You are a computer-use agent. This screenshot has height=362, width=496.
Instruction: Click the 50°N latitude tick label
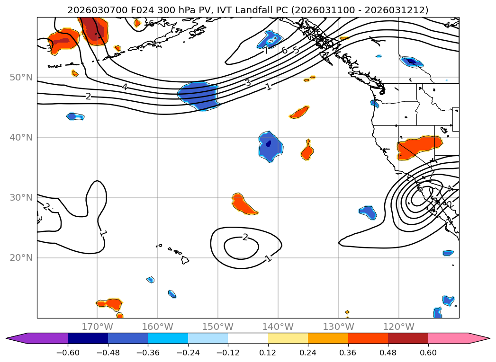click(21, 77)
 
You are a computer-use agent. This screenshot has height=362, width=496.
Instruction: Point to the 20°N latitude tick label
click(21, 258)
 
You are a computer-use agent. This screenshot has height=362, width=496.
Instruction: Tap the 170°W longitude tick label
click(97, 327)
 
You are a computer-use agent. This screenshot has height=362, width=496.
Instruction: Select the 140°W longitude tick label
click(278, 327)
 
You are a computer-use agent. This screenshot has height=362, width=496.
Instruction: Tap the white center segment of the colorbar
click(248, 338)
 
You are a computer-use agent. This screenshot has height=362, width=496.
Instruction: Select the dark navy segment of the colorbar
click(88, 338)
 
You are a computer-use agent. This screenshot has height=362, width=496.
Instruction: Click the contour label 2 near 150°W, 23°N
click(245, 237)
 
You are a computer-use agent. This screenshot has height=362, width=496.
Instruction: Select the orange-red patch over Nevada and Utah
click(419, 148)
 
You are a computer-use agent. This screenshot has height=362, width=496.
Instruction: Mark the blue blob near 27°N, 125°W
click(368, 212)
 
